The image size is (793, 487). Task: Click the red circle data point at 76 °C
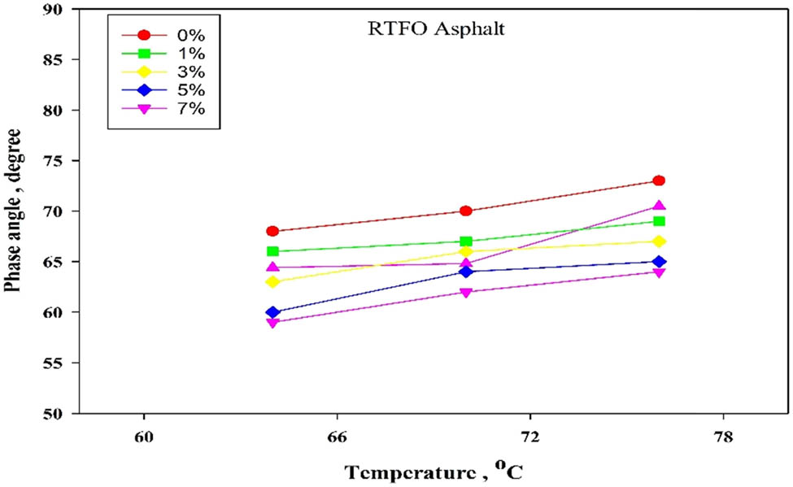click(659, 180)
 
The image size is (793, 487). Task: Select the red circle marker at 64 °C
click(273, 231)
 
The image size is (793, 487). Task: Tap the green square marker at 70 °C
click(466, 241)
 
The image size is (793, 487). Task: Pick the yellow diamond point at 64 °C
click(273, 282)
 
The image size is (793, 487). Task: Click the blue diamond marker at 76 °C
click(659, 262)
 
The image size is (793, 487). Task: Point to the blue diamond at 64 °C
click(273, 312)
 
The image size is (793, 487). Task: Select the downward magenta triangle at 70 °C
click(466, 293)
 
